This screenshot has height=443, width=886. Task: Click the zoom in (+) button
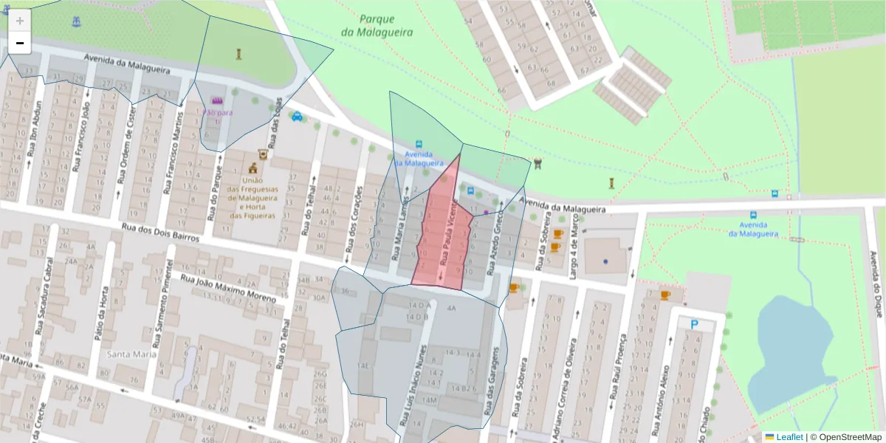(20, 20)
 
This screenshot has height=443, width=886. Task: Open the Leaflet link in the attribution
(789, 437)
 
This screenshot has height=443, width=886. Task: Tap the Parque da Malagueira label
(377, 26)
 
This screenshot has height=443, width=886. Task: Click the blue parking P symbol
(694, 324)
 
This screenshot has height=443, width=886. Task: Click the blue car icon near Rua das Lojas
(297, 116)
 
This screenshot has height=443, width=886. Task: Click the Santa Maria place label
(132, 354)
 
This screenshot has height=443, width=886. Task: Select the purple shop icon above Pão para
(216, 100)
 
